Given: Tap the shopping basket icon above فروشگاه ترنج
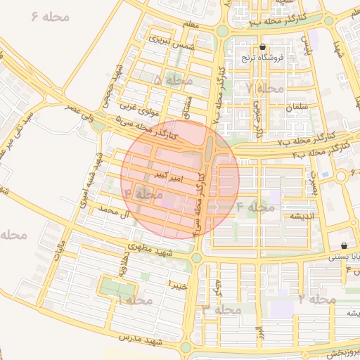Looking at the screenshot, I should (x=263, y=48).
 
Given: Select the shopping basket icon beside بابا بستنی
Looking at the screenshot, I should (x=343, y=246).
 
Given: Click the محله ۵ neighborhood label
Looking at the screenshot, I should (x=173, y=81).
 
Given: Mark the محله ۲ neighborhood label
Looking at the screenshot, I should (x=316, y=300).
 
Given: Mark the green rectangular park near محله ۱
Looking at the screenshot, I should (x=116, y=288).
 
